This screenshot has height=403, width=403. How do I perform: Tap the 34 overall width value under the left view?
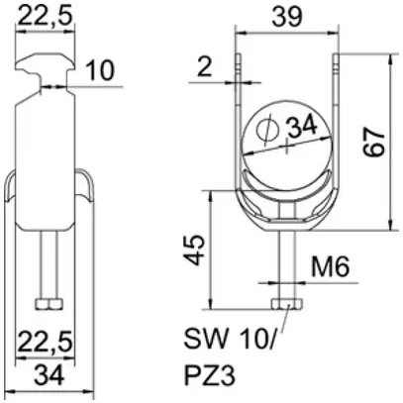[x=47, y=374]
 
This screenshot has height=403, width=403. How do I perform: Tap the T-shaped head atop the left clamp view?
[x=47, y=59]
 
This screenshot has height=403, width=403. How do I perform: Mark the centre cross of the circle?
[x=286, y=146]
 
